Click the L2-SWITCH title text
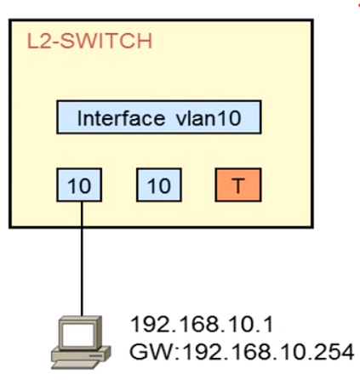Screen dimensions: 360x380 pyautogui.click(x=89, y=42)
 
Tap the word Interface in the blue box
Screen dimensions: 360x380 pyautogui.click(x=121, y=118)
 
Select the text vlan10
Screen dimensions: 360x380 pyautogui.click(x=209, y=118)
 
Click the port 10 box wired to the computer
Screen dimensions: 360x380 pyautogui.click(x=79, y=185)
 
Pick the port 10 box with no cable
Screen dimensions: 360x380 pyautogui.click(x=159, y=185)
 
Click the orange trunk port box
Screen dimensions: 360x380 pyautogui.click(x=238, y=185)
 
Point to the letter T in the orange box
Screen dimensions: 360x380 pyautogui.click(x=238, y=186)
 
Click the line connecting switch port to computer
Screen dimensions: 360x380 pyautogui.click(x=82, y=258)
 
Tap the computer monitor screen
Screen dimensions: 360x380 pyautogui.click(x=78, y=334)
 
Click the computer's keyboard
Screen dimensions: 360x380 pyautogui.click(x=75, y=364)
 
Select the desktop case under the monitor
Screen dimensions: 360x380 pyautogui.click(x=81, y=354)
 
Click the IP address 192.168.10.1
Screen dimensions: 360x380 pyautogui.click(x=202, y=325)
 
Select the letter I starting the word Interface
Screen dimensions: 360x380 pyautogui.click(x=80, y=118)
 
